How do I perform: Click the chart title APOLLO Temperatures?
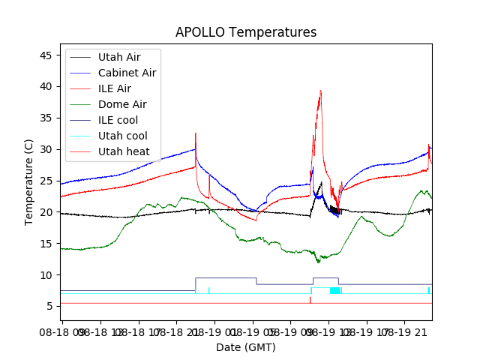(x=245, y=32)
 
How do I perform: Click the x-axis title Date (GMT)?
(x=245, y=347)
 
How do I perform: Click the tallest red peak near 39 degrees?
(x=320, y=91)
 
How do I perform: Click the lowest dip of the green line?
(x=319, y=262)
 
